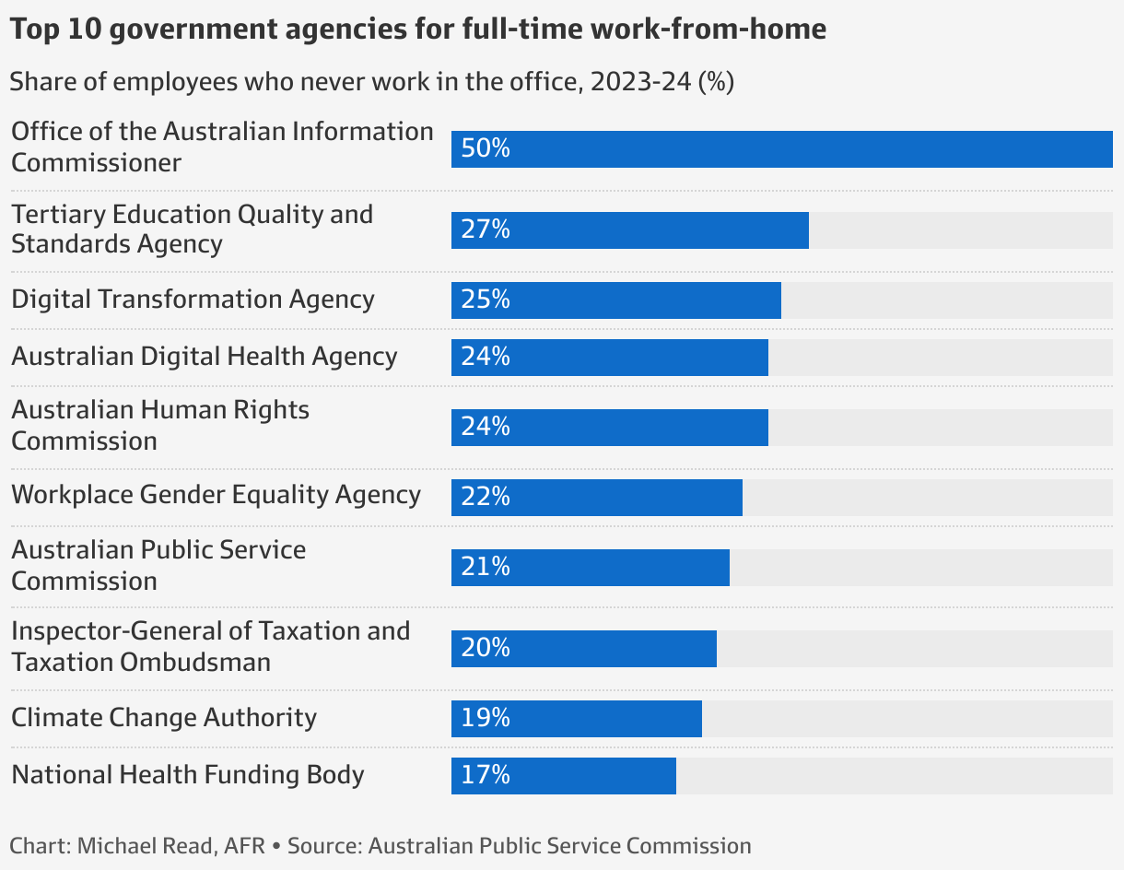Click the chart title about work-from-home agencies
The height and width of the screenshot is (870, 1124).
[418, 29]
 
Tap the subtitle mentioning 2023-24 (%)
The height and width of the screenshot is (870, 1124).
[371, 82]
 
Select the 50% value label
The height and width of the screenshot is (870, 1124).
[486, 149]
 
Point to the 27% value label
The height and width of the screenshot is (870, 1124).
[486, 230]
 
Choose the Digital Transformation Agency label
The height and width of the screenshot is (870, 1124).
[193, 300]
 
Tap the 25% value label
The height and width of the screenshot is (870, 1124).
[486, 300]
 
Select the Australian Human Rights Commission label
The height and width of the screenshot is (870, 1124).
[160, 425]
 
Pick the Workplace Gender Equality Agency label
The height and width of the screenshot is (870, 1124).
[216, 495]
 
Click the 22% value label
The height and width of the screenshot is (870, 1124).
[486, 498]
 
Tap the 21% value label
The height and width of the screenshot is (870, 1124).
[486, 568]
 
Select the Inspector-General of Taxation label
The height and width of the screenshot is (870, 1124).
[210, 646]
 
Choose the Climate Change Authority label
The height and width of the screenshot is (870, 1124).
[164, 718]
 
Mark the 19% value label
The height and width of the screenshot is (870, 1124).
[486, 719]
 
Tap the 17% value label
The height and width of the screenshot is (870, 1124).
[486, 776]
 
